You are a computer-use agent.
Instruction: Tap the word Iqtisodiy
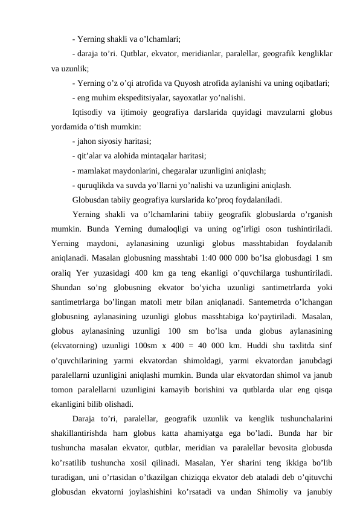pos(88,111)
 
